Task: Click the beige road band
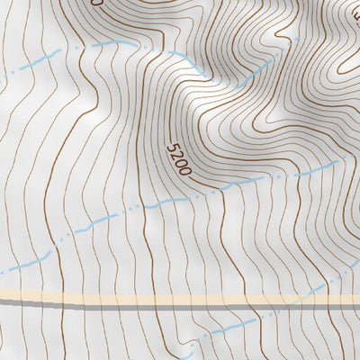[180, 297]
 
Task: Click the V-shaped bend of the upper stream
[121, 42]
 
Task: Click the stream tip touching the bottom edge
[191, 357]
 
